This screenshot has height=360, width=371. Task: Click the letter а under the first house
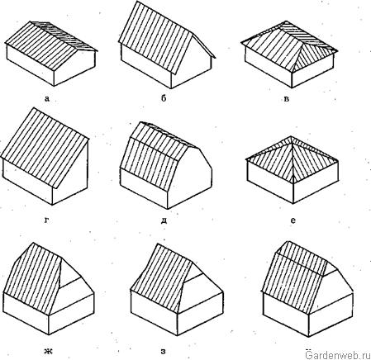pos(47,98)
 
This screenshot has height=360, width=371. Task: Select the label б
pos(164,97)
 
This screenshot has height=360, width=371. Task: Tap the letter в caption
pos(287,99)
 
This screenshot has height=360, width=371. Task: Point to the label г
pos(46,220)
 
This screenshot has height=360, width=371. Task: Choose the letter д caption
pos(164,220)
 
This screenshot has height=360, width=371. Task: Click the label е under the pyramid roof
pos(293,220)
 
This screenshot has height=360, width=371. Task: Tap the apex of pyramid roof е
pos(291,136)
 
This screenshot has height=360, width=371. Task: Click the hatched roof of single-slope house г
pos(45,147)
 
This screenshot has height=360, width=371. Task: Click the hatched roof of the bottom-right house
pos(294,275)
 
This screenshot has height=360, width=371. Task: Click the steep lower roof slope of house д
pos(149,164)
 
